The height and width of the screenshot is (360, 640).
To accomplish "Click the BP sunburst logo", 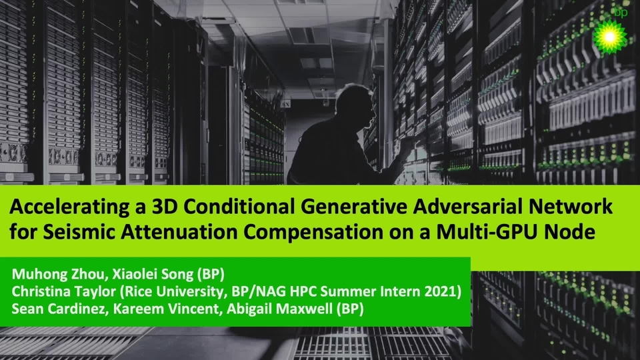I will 612,35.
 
